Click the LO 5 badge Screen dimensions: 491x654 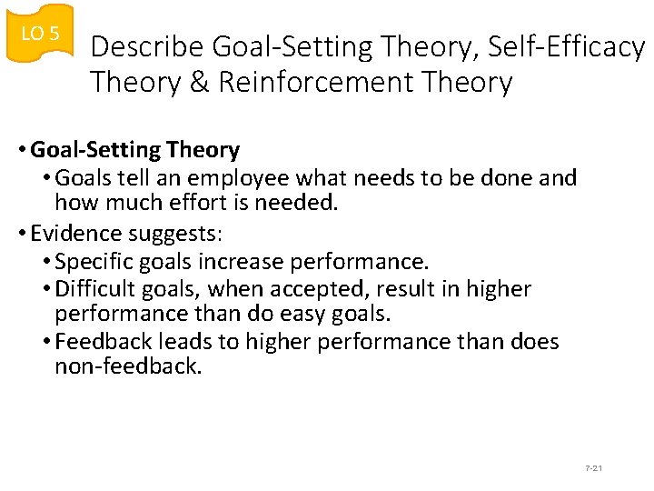click(x=40, y=34)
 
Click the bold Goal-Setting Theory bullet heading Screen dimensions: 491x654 click(x=135, y=150)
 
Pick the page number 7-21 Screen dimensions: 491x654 click(x=594, y=467)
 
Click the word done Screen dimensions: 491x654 click(x=509, y=177)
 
